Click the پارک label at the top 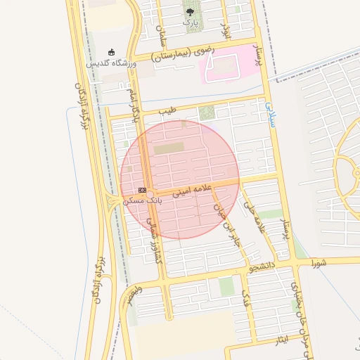(191, 23)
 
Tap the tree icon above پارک (191, 11)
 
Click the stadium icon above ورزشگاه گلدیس (110, 52)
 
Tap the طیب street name (167, 111)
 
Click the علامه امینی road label (191, 188)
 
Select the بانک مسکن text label (142, 200)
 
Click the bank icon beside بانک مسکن (142, 190)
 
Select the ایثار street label (282, 342)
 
